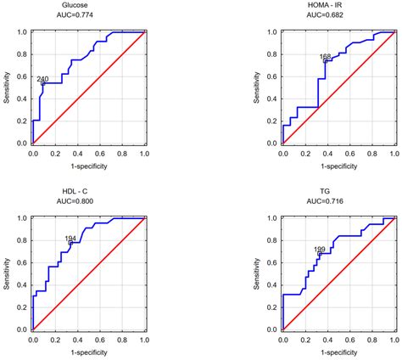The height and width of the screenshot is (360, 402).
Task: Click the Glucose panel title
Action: tap(88, 6)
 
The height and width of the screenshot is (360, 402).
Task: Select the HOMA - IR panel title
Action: tap(338, 6)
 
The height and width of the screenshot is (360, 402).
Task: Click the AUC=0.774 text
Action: tap(88, 16)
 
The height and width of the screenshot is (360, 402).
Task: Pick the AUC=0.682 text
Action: tap(338, 16)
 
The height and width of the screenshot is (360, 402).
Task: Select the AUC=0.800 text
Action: tap(88, 202)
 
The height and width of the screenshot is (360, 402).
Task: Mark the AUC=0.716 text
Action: tap(338, 202)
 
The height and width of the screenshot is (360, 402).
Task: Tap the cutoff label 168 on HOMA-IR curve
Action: tap(326, 57)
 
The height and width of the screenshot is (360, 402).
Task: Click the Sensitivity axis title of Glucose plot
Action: tap(7, 87)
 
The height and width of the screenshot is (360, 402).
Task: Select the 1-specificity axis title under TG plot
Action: tap(338, 349)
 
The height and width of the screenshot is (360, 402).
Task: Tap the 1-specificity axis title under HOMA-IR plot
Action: tap(338, 164)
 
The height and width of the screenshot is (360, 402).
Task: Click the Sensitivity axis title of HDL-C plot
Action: tap(7, 273)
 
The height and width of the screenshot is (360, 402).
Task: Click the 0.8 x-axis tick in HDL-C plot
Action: tap(122, 339)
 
